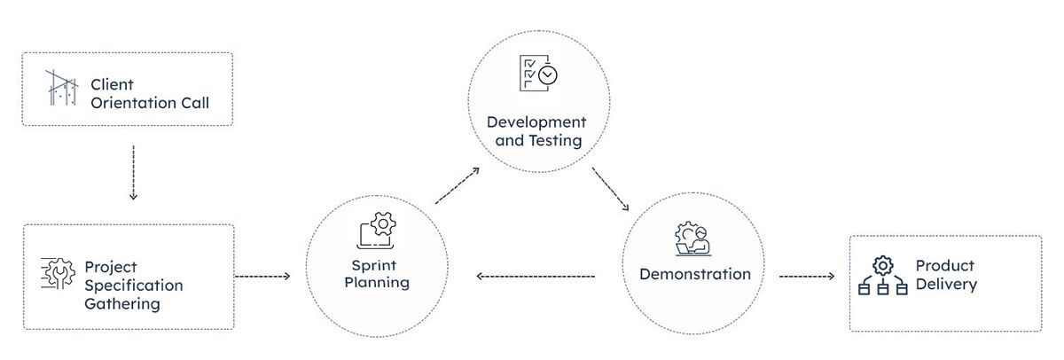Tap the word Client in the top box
pos(112,85)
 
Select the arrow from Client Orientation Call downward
pos(132,172)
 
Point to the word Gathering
pos(122,304)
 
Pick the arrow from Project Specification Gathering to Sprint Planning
pos(262,277)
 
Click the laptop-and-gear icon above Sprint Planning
pos(376,230)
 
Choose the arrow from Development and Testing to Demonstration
pos(611,187)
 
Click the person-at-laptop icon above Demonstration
pos(692,239)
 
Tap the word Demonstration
pos(694,274)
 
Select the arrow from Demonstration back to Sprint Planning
pos(536,277)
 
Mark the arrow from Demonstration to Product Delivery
pos(807,277)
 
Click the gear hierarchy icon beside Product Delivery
pos(882,276)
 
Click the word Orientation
pos(150,103)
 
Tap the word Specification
pos(134,286)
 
